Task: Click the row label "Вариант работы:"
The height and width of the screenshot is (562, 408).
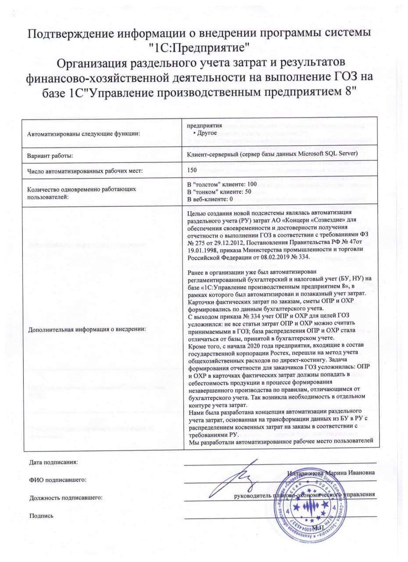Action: (50, 155)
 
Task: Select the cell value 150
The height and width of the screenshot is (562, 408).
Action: (192, 169)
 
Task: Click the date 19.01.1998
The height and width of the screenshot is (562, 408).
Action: (202, 248)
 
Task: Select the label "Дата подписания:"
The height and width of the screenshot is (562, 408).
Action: (53, 462)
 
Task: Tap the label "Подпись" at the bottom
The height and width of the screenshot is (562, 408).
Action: (41, 515)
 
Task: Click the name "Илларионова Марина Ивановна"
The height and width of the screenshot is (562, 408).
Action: (332, 473)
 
